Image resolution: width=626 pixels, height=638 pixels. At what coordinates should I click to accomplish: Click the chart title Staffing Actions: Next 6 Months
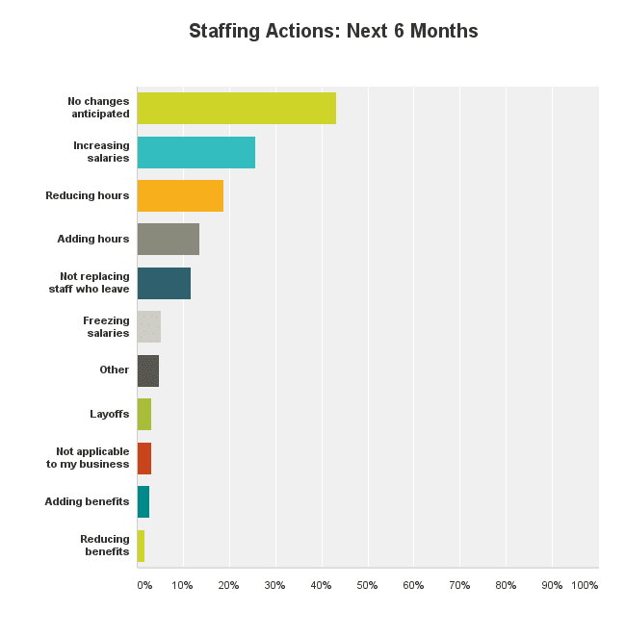pyautogui.click(x=333, y=31)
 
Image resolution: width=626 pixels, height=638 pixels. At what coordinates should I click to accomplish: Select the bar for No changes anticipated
pyautogui.click(x=237, y=108)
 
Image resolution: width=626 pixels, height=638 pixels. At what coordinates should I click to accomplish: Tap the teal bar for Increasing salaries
pyautogui.click(x=196, y=152)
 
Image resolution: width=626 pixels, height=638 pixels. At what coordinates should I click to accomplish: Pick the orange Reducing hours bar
pyautogui.click(x=180, y=195)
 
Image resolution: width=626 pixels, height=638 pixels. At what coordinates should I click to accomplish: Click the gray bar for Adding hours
pyautogui.click(x=169, y=239)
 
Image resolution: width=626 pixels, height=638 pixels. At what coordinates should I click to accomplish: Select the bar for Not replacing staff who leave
pyautogui.click(x=164, y=283)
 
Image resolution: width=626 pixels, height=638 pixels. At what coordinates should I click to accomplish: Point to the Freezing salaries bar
pyautogui.click(x=149, y=327)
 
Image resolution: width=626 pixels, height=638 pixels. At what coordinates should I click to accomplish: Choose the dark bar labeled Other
pyautogui.click(x=148, y=370)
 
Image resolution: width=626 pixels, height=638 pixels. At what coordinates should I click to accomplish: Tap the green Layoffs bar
pyautogui.click(x=144, y=414)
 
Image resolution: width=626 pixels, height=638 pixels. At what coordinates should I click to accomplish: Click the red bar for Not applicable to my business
pyautogui.click(x=144, y=458)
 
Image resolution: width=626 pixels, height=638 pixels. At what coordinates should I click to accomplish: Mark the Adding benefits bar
pyautogui.click(x=143, y=501)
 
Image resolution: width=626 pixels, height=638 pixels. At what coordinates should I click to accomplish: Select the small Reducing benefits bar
pyautogui.click(x=141, y=546)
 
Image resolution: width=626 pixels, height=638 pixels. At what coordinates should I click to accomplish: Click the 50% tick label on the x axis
pyautogui.click(x=367, y=585)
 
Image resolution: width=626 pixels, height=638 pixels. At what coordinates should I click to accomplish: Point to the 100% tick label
pyautogui.click(x=585, y=585)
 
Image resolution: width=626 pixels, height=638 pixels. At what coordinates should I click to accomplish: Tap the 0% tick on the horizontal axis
pyautogui.click(x=143, y=585)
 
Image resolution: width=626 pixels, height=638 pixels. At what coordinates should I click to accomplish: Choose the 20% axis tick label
pyautogui.click(x=228, y=585)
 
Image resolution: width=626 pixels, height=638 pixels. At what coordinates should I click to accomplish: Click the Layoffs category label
pyautogui.click(x=109, y=414)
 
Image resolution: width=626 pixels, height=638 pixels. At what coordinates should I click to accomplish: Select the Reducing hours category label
pyautogui.click(x=87, y=195)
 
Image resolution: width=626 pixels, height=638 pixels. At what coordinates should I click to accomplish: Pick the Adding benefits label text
pyautogui.click(x=87, y=501)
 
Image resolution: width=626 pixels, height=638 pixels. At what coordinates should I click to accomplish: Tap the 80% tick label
pyautogui.click(x=506, y=585)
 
